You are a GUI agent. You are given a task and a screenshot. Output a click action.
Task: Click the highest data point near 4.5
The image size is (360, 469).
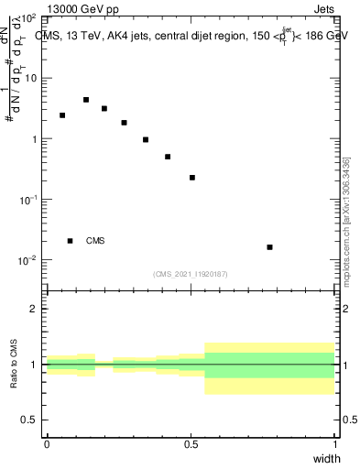tap(86, 100)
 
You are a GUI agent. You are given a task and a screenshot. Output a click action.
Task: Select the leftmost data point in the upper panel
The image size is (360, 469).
tap(62, 115)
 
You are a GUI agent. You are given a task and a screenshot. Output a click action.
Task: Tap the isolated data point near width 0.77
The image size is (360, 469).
tap(269, 247)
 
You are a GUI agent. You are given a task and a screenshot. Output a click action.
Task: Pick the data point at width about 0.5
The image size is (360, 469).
tap(192, 178)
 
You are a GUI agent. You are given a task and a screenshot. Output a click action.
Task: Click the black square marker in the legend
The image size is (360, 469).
tap(71, 241)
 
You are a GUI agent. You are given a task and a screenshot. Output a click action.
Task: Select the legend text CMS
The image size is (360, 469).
tap(95, 241)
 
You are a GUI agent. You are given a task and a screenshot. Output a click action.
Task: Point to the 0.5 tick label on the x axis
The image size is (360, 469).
tap(191, 443)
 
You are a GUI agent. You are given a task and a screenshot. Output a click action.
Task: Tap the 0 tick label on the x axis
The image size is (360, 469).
tap(47, 443)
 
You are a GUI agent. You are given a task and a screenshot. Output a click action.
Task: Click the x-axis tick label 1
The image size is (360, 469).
tap(335, 443)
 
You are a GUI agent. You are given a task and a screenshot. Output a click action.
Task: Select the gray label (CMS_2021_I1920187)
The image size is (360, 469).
tap(191, 273)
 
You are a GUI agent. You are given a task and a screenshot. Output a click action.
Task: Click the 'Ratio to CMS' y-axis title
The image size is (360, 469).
tap(14, 364)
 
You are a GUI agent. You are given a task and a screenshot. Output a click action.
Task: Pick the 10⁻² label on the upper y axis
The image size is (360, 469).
tap(27, 260)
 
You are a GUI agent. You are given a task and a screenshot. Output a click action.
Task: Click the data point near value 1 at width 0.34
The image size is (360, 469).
tap(146, 140)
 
